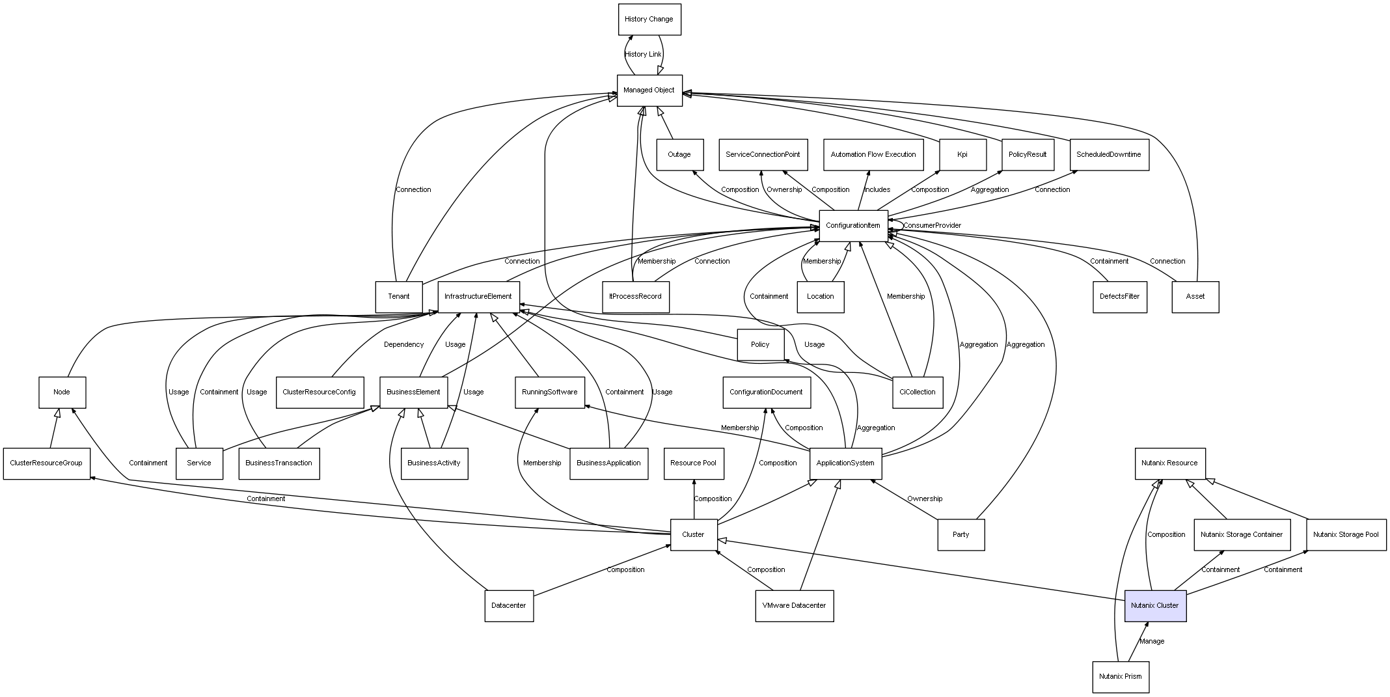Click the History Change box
pyautogui.click(x=649, y=20)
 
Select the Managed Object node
pyautogui.click(x=649, y=90)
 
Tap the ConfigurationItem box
pyautogui.click(x=852, y=226)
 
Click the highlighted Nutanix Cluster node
pyautogui.click(x=1154, y=606)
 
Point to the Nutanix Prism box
pyautogui.click(x=1120, y=677)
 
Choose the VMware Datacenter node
pyautogui.click(x=794, y=606)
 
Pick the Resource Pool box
pyautogui.click(x=693, y=463)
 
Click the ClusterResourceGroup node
pyautogui.click(x=46, y=463)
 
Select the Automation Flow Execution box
pyautogui.click(x=873, y=155)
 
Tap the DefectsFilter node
pyautogui.click(x=1119, y=297)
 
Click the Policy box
pyautogui.click(x=760, y=345)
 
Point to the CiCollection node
pyautogui.click(x=917, y=392)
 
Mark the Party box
pyautogui.click(x=961, y=535)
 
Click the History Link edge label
pyautogui.click(x=643, y=55)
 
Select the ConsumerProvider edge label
pyautogui.click(x=932, y=226)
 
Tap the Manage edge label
pyautogui.click(x=1152, y=642)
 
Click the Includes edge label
pyautogui.click(x=877, y=190)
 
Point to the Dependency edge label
pyautogui.click(x=403, y=345)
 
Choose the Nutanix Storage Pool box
pyautogui.click(x=1346, y=535)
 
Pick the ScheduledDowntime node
pyautogui.click(x=1108, y=155)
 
